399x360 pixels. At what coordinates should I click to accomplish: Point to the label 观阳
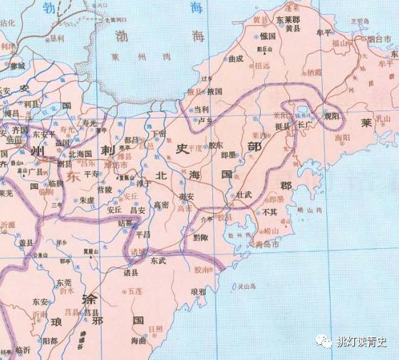pos(332,115)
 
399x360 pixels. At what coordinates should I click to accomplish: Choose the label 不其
pos(270,212)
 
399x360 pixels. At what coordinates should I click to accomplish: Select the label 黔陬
pos(201,237)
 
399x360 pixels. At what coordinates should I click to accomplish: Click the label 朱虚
pos(87,200)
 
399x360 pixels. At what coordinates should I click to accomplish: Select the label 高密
pos(160,205)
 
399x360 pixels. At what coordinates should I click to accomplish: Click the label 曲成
pos(236,58)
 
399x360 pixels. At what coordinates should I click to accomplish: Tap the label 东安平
pos(43,133)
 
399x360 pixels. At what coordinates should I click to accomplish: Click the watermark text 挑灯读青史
pos(361,341)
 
